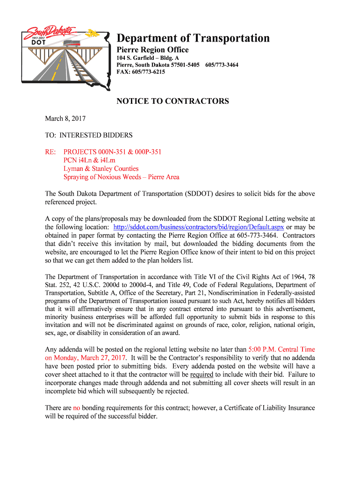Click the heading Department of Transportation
pyautogui.click(x=193, y=38)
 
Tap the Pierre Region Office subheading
pyautogui.click(x=152, y=50)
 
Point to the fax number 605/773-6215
pyautogui.click(x=148, y=72)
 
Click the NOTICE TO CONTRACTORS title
pyautogui.click(x=173, y=101)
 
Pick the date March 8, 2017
pyautogui.click(x=65, y=119)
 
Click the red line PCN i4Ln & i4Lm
pyautogui.click(x=89, y=160)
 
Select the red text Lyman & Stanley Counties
pyautogui.click(x=101, y=168)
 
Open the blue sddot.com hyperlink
pyautogui.click(x=199, y=227)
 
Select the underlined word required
pyautogui.click(x=202, y=374)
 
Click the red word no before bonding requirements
pyautogui.click(x=77, y=408)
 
